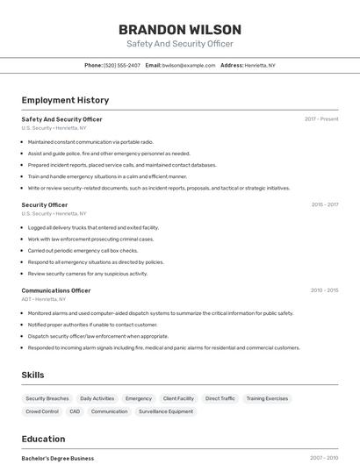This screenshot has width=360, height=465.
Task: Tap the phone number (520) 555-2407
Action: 121,65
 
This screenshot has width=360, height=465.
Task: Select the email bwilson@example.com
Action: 189,65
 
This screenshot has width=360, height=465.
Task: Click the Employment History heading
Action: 65,100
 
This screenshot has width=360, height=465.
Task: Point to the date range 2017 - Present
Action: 321,118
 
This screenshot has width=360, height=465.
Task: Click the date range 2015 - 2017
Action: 324,204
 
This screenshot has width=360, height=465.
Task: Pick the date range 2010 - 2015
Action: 324,290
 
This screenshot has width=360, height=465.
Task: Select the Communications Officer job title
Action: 56,290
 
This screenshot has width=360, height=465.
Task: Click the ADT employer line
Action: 44,299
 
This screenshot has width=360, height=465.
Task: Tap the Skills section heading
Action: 32,375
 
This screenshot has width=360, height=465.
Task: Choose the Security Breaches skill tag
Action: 47,398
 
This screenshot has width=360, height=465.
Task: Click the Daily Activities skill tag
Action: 97,398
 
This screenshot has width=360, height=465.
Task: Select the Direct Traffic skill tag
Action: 220,398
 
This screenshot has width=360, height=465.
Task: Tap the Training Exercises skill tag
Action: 267,398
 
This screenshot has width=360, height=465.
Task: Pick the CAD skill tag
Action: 75,411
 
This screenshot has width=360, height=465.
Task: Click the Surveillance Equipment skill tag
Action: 165,411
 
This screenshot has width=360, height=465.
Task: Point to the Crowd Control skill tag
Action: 42,411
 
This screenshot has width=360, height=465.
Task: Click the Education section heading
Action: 43,439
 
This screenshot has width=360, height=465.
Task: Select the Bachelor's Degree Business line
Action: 58,458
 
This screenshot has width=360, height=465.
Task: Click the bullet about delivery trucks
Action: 93,227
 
